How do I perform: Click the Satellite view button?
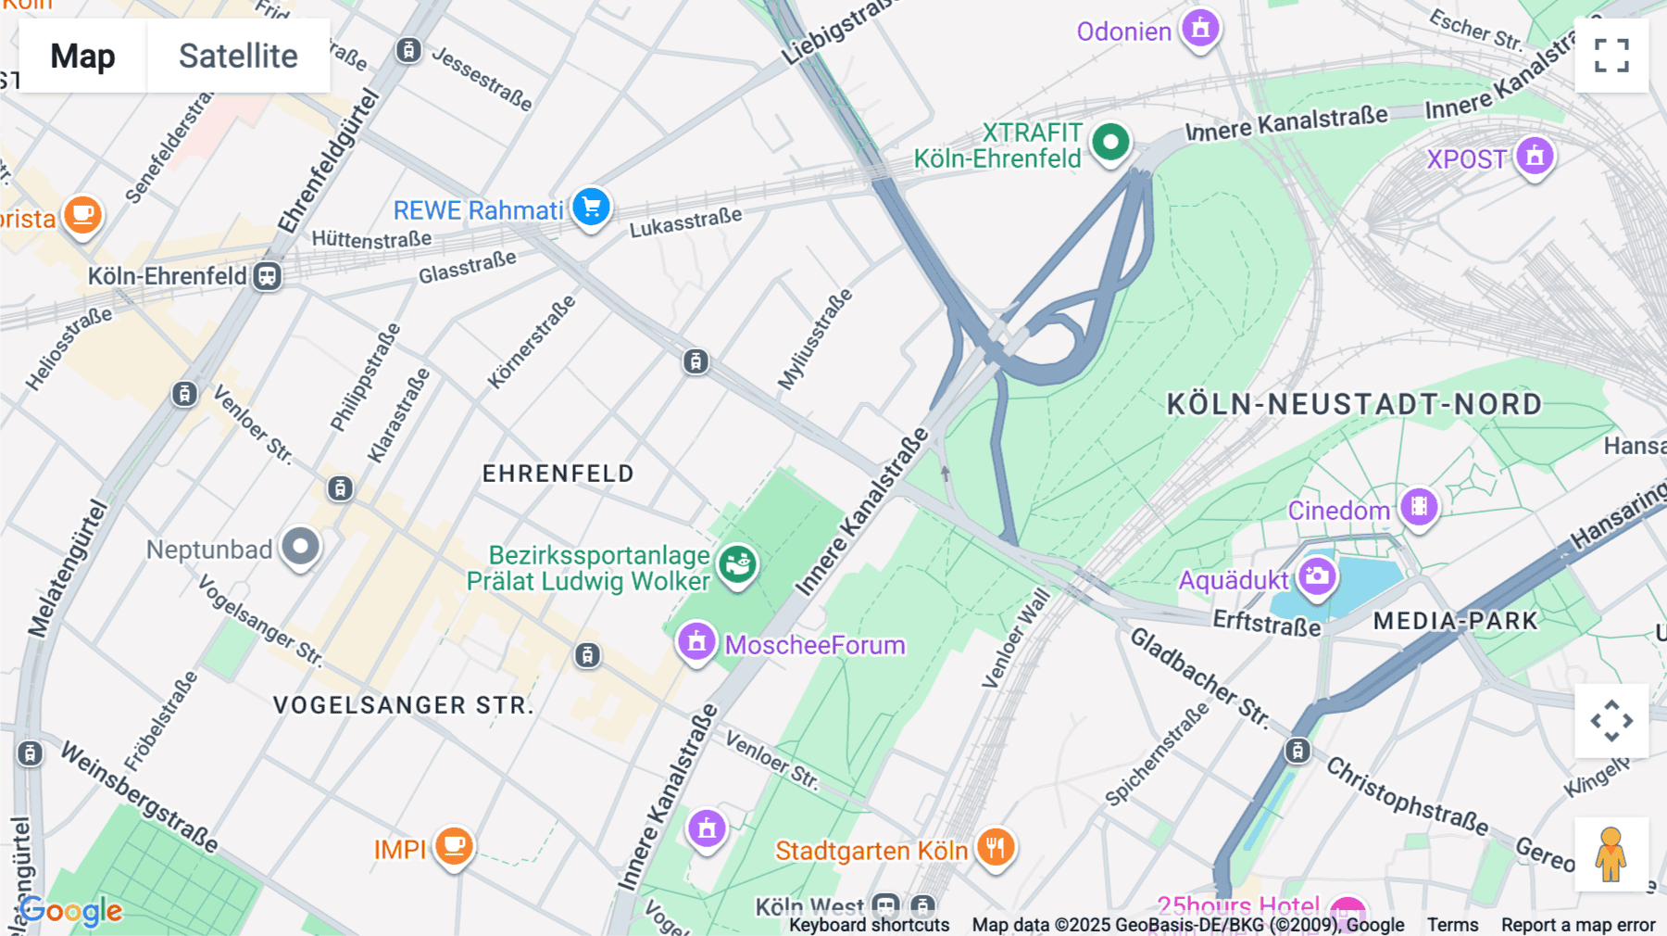238,56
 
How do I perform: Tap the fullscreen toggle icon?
1611,56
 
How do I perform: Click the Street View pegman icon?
1611,854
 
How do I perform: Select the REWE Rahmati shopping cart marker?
591,207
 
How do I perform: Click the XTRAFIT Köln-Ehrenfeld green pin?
1110,143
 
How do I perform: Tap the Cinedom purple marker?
1419,507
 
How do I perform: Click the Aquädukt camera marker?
1317,576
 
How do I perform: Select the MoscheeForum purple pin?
696,641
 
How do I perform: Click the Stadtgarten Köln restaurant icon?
996,847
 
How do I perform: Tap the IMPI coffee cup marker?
454,846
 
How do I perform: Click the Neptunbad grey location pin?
300,547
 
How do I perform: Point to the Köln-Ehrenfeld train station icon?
268,276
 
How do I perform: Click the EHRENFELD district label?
558,474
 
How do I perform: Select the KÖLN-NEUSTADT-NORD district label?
1354,404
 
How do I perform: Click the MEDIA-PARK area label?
1455,621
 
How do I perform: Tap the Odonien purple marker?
1200,28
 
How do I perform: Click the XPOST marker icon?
1534,157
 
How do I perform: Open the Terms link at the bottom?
1452,924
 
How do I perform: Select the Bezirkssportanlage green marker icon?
738,563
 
